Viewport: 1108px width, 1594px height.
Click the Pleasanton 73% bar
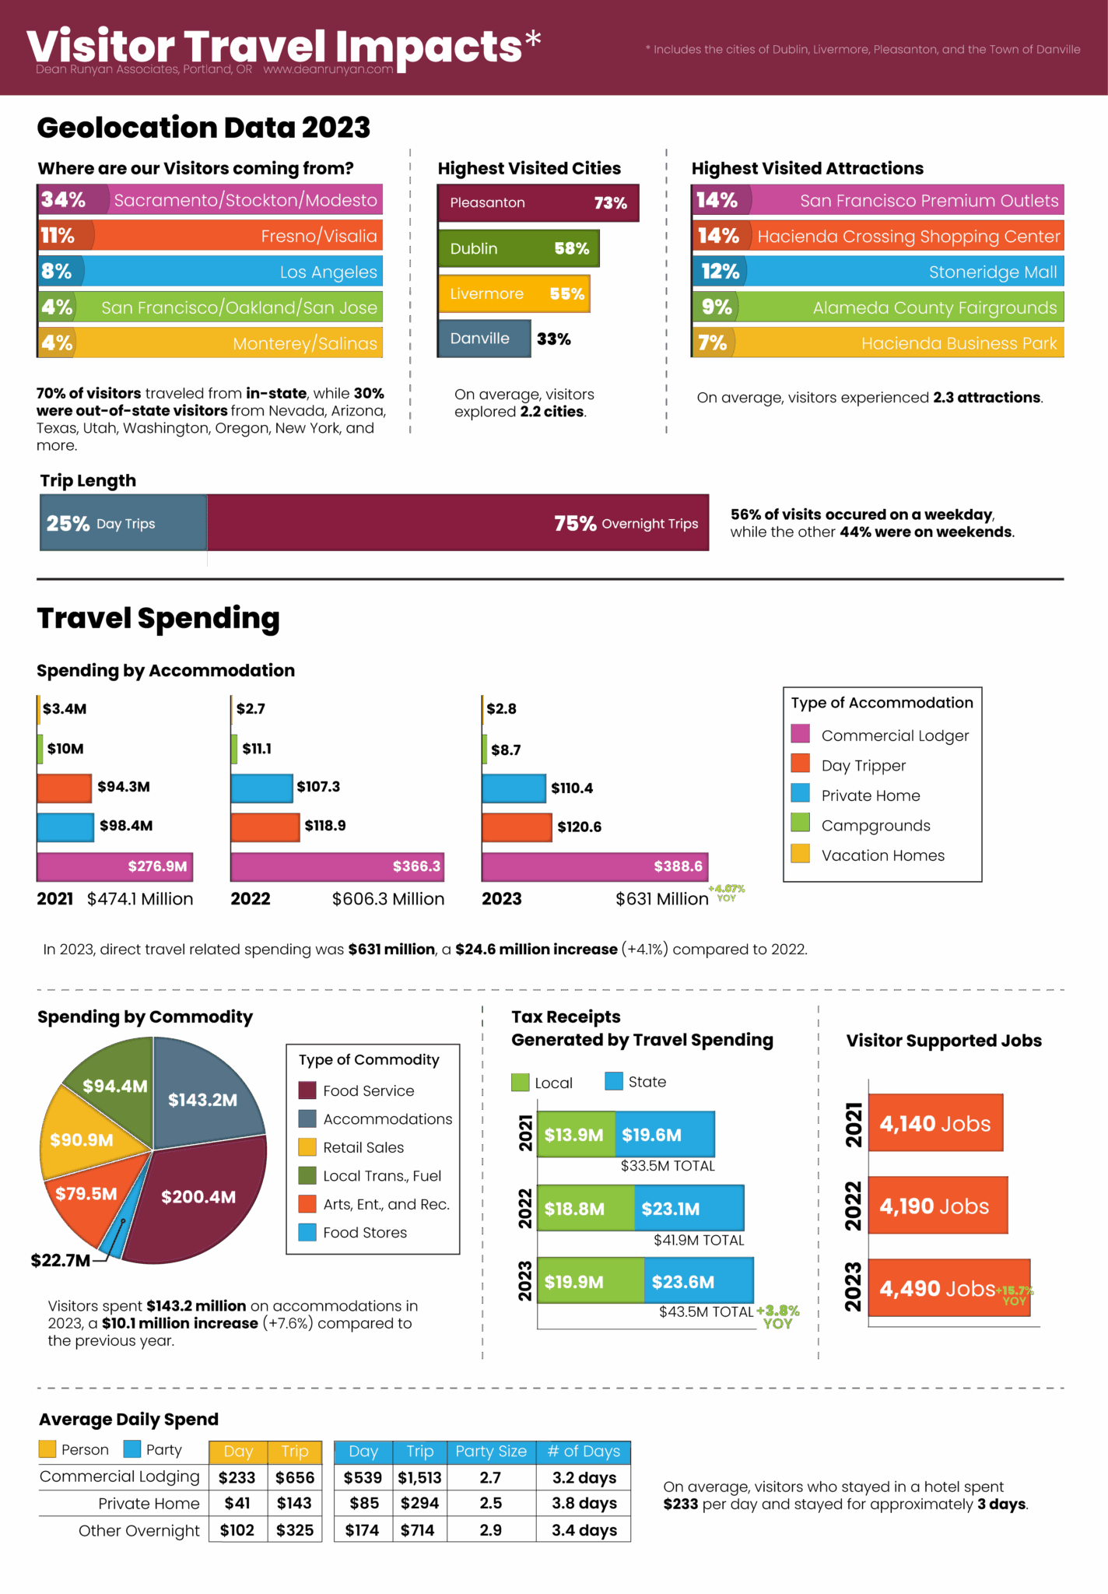538,203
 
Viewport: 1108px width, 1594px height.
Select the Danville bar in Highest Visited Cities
484,339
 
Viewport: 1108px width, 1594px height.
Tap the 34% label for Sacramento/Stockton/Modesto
63,200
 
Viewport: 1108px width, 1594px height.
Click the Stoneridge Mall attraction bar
878,272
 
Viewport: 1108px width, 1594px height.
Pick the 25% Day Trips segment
124,523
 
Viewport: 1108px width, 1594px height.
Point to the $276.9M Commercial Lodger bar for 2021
114,866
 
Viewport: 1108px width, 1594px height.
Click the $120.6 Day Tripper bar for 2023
517,827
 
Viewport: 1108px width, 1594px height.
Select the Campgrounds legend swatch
800,823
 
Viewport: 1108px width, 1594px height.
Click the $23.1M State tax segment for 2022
689,1208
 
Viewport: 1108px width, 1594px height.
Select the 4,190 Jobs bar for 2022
938,1206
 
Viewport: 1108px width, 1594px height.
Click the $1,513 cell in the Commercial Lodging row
419,1477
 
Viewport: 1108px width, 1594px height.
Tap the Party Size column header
491,1452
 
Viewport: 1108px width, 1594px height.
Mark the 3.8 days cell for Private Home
584,1503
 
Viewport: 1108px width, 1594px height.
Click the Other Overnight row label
139,1530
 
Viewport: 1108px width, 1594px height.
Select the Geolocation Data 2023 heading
204,128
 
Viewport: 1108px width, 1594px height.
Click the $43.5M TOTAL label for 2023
707,1311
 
